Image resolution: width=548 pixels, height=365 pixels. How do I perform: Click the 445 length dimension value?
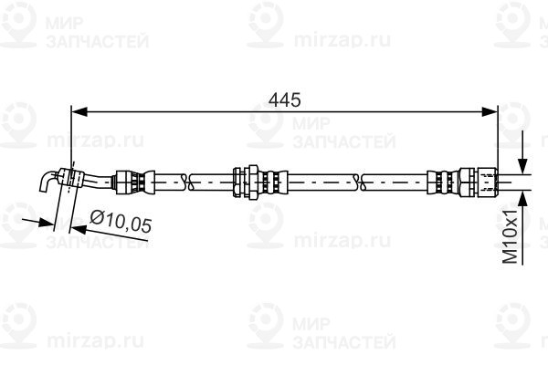[284, 100]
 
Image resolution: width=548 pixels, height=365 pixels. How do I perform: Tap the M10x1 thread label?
[511, 236]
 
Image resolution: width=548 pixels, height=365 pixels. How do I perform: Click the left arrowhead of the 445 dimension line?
[79, 111]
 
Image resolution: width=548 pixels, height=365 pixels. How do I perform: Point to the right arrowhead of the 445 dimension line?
[490, 111]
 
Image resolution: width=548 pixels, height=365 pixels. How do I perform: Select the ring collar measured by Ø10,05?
[71, 177]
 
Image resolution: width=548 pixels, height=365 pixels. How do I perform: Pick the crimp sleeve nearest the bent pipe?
[134, 181]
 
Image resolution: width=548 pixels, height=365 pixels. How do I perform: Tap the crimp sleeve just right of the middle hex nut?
[275, 182]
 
